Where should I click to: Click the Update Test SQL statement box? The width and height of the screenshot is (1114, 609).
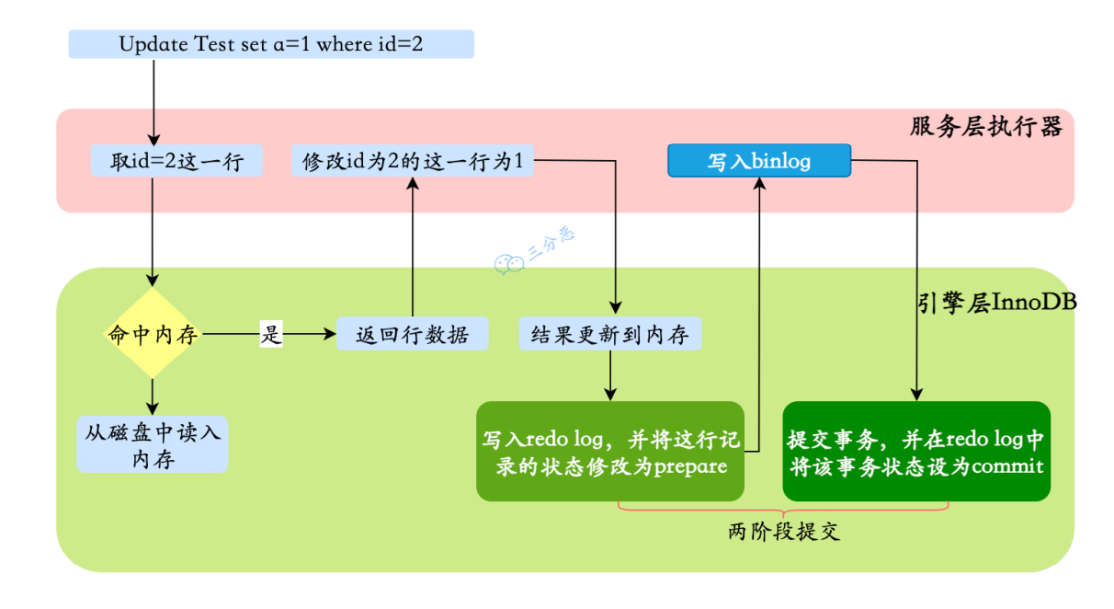tap(271, 44)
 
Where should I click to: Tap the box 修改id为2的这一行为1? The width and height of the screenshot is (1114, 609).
tap(413, 162)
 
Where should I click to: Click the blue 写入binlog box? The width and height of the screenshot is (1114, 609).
tap(758, 162)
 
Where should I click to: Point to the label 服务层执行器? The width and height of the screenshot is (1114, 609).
tap(985, 127)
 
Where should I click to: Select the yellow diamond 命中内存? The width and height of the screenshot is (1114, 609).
tap(153, 334)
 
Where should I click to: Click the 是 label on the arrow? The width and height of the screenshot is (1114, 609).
tap(270, 334)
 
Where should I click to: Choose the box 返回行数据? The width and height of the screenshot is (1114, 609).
tap(412, 334)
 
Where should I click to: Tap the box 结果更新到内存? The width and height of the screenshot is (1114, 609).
tap(610, 334)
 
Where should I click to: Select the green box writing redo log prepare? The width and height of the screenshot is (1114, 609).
tap(610, 452)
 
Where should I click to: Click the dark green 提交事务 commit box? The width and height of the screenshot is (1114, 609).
tap(915, 452)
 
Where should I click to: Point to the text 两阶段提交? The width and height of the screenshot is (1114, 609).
tap(783, 532)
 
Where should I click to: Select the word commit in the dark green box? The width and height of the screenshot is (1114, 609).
tap(1007, 466)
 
